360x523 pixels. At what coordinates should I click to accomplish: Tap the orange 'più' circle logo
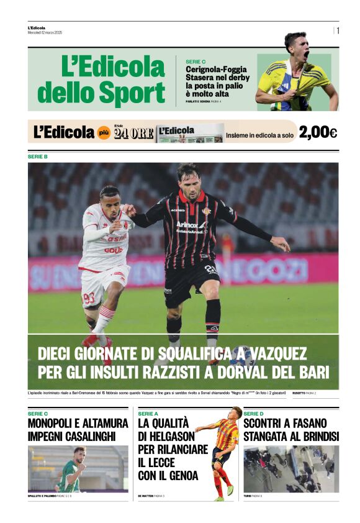point(104,132)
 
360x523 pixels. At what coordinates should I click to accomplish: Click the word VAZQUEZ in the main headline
point(274,354)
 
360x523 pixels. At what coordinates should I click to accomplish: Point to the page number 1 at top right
point(338,30)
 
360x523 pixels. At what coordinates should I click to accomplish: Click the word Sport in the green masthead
point(132,93)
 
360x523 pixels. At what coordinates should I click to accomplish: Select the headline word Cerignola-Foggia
point(216,70)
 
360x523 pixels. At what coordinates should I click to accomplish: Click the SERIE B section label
point(38,157)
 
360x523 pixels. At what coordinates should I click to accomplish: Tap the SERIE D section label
point(254,413)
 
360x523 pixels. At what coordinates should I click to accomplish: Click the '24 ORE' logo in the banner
point(133,133)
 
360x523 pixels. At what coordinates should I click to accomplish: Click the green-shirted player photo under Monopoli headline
point(78,469)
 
